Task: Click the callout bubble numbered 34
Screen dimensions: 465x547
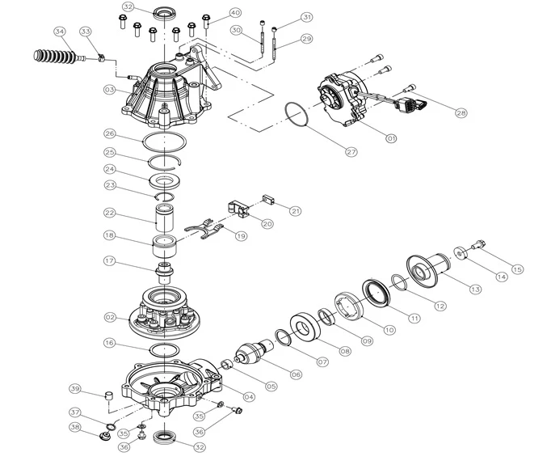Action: (x=59, y=32)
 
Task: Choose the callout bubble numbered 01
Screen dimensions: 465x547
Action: (x=392, y=138)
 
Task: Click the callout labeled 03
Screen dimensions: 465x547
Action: (x=110, y=91)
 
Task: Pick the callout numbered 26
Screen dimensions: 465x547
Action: (x=110, y=133)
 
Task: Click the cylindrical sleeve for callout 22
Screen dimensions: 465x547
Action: (x=166, y=216)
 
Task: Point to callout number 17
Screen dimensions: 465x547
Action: (x=110, y=261)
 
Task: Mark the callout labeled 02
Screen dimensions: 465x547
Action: (x=110, y=318)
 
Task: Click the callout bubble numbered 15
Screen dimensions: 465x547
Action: (x=517, y=269)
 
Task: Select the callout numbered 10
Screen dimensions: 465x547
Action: (x=390, y=330)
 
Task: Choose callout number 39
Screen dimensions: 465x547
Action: (x=74, y=387)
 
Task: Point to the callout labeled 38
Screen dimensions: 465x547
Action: (x=74, y=427)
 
